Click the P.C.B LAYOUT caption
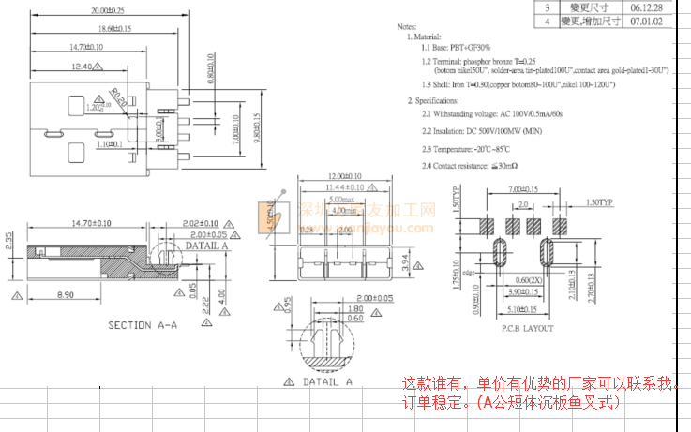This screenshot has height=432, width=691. point(527,328)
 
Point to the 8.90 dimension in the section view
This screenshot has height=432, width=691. point(65,295)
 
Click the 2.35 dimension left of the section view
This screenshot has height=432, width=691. point(9,241)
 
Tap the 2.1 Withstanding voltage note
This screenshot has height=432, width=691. point(491,114)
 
